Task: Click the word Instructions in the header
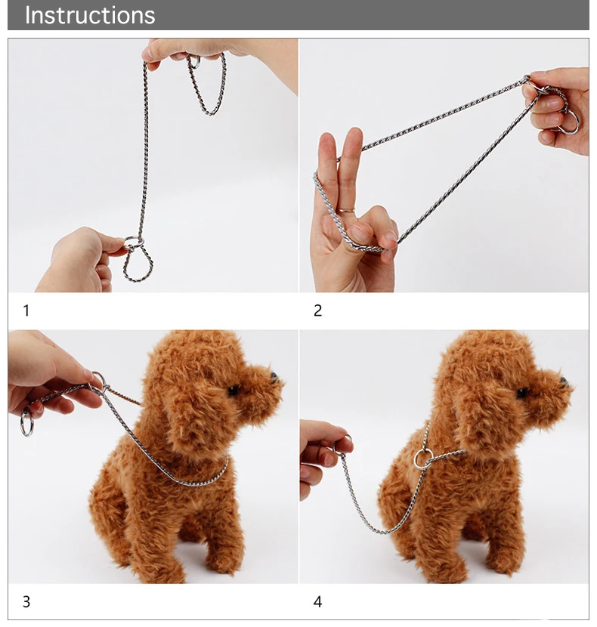pos(90,16)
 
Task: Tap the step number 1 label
pos(26,310)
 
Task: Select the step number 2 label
pos(317,310)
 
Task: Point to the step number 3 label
pos(26,602)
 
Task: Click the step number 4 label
pos(317,602)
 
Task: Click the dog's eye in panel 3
pos(234,391)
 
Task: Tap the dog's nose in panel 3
pos(274,377)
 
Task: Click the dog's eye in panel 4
pos(522,393)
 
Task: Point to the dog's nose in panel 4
pos(564,381)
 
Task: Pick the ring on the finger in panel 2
pos(347,209)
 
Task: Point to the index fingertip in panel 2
pos(354,134)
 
